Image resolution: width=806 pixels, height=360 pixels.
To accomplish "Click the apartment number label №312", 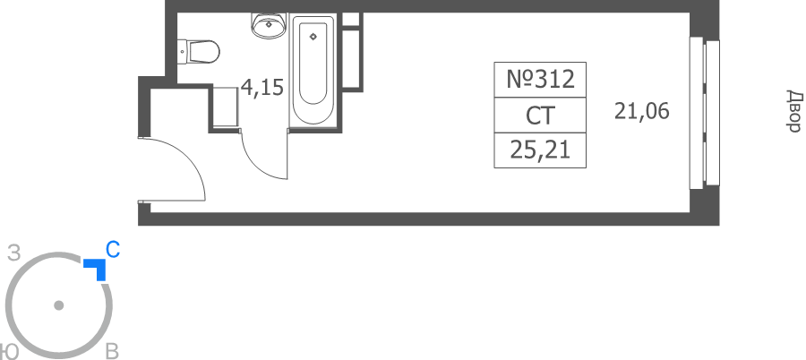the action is [540, 80].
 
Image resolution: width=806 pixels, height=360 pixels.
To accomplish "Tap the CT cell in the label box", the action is [540, 116].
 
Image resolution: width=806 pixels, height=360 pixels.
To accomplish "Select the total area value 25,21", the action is [540, 150].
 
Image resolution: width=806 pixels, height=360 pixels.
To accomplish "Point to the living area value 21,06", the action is [642, 111].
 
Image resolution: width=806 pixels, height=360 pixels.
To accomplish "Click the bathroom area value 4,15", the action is [262, 88].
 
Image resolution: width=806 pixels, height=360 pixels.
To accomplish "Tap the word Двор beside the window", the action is [794, 111].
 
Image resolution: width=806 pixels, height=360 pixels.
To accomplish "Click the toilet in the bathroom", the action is [199, 51].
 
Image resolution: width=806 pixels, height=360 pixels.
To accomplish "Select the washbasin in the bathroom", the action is [269, 25].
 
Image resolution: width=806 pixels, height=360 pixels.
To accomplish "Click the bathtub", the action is [313, 71].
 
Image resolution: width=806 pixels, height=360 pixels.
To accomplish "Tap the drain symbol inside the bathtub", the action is [313, 37].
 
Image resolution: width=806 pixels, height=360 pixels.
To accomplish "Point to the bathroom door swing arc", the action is [256, 165].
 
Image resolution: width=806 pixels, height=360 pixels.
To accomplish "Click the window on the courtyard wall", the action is [704, 113].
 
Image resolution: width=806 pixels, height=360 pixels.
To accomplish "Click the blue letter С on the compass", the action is [113, 250].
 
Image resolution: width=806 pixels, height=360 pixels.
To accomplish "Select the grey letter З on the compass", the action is [14, 253].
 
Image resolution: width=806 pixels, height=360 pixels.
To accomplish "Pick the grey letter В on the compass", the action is [112, 352].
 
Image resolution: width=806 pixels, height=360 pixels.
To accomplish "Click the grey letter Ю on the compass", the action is [9, 352].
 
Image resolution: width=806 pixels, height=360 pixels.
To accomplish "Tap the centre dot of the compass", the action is [58, 305].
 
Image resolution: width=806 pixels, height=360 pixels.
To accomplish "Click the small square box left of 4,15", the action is [225, 107].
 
